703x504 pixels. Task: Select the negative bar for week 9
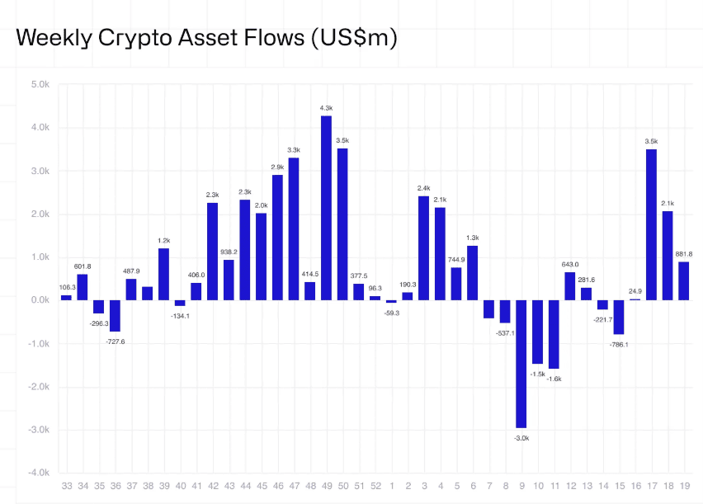point(521,364)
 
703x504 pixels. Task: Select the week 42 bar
point(212,251)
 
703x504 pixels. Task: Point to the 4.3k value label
point(327,108)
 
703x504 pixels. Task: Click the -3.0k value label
point(521,438)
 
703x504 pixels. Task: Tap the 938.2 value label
point(229,252)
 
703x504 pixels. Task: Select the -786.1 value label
point(618,344)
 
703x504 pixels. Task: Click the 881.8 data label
point(683,253)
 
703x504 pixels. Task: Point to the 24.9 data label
point(635,291)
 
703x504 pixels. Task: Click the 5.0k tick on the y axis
point(39,84)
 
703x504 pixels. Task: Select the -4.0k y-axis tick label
point(37,473)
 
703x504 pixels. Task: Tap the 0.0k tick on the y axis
point(39,300)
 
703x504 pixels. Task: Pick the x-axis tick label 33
point(66,488)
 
